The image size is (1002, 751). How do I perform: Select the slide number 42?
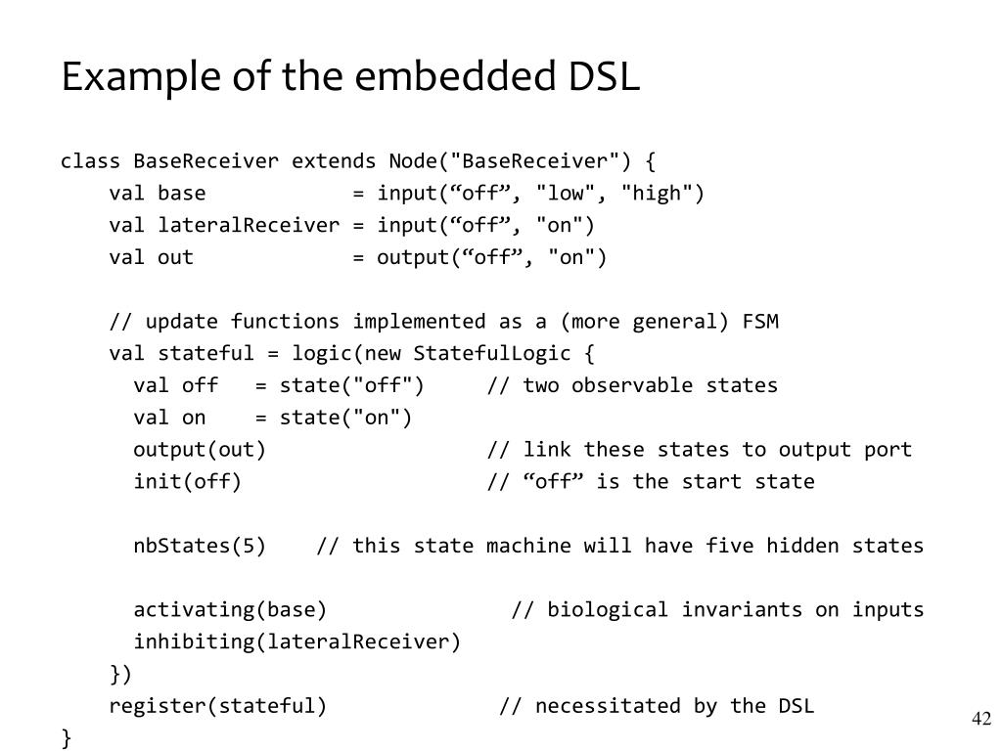[981, 720]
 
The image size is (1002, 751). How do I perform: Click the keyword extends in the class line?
[334, 161]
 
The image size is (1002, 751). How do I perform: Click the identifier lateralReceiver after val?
[249, 226]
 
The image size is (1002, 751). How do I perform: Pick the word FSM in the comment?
[760, 322]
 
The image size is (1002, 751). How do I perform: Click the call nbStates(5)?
[200, 546]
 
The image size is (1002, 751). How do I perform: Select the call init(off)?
[187, 481]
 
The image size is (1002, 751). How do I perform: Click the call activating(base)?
[230, 610]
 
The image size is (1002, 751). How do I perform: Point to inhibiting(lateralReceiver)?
[296, 642]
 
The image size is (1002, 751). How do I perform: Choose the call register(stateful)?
[217, 706]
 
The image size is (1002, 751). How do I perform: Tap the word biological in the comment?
[608, 610]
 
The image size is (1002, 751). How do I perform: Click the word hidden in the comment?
[802, 546]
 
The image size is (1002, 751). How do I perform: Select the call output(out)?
[200, 450]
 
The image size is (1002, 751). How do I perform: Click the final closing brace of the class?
[67, 738]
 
